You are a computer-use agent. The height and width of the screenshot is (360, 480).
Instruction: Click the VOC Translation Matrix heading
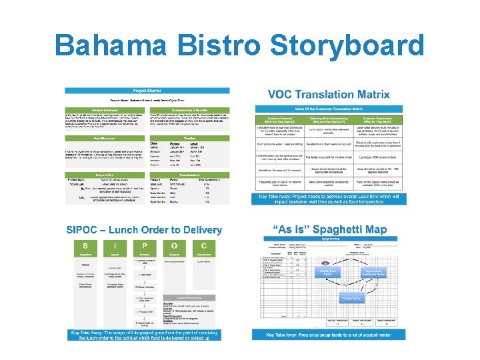[329, 95]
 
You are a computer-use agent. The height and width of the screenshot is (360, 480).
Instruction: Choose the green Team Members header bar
[190, 175]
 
